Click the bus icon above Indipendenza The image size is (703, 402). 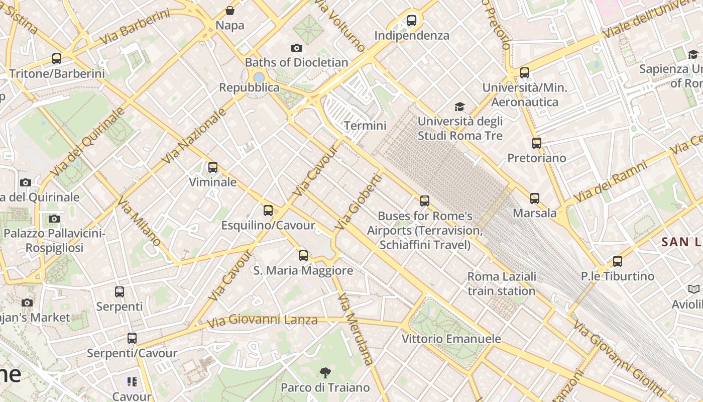pos(412,21)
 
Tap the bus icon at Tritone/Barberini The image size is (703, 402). pos(57,59)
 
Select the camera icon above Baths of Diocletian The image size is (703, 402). pos(297,48)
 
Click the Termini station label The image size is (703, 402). pos(365,126)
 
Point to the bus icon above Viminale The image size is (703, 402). pos(213,167)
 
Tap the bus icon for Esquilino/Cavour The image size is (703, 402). pos(268,211)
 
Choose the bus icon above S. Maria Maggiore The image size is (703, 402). pos(303,256)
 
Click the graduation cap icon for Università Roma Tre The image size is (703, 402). pos(459,107)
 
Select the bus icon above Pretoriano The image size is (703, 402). pos(537,143)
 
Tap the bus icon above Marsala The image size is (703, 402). pos(535,198)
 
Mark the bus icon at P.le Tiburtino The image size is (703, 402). pos(618,261)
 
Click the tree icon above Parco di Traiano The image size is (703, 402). pos(325,373)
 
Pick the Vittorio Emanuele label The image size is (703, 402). pos(451,339)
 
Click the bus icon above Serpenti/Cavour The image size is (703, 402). pos(132,338)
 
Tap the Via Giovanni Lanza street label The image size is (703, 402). pos(262,320)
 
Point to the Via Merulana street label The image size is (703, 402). pos(356,329)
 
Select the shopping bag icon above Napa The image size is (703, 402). pos(230,11)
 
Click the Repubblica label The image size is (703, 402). pos(249,87)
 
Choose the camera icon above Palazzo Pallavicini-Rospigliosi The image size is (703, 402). pos(54,219)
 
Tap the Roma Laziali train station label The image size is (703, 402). pos(502,284)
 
